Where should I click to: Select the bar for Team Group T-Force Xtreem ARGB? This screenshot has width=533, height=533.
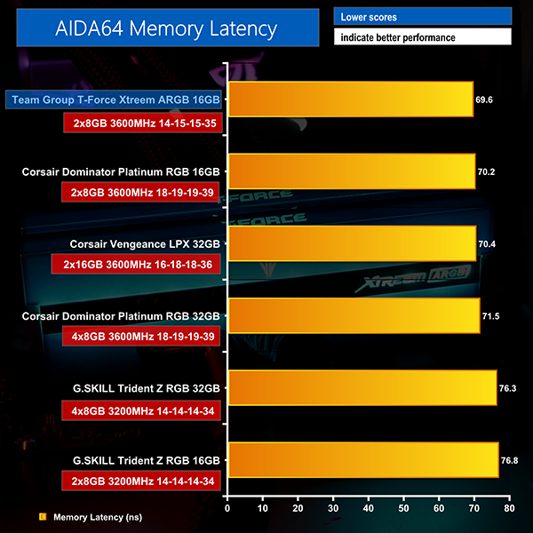tap(351, 99)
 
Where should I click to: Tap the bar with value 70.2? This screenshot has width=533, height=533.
tap(352, 171)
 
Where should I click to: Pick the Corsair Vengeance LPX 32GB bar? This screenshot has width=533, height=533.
tap(353, 243)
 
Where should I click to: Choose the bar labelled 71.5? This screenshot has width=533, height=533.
tap(354, 315)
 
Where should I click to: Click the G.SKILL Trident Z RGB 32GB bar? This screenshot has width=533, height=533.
tap(362, 387)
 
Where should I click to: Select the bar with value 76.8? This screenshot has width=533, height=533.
tap(363, 459)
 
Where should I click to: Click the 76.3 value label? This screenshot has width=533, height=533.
tap(508, 388)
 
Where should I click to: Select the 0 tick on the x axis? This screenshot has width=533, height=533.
tap(228, 509)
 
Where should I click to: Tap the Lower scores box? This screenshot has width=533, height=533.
tap(423, 17)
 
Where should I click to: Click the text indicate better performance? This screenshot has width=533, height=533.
tap(423, 38)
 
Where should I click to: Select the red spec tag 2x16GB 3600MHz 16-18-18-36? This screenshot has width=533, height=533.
tap(142, 265)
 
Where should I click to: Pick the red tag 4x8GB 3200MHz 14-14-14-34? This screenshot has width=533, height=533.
tap(142, 410)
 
